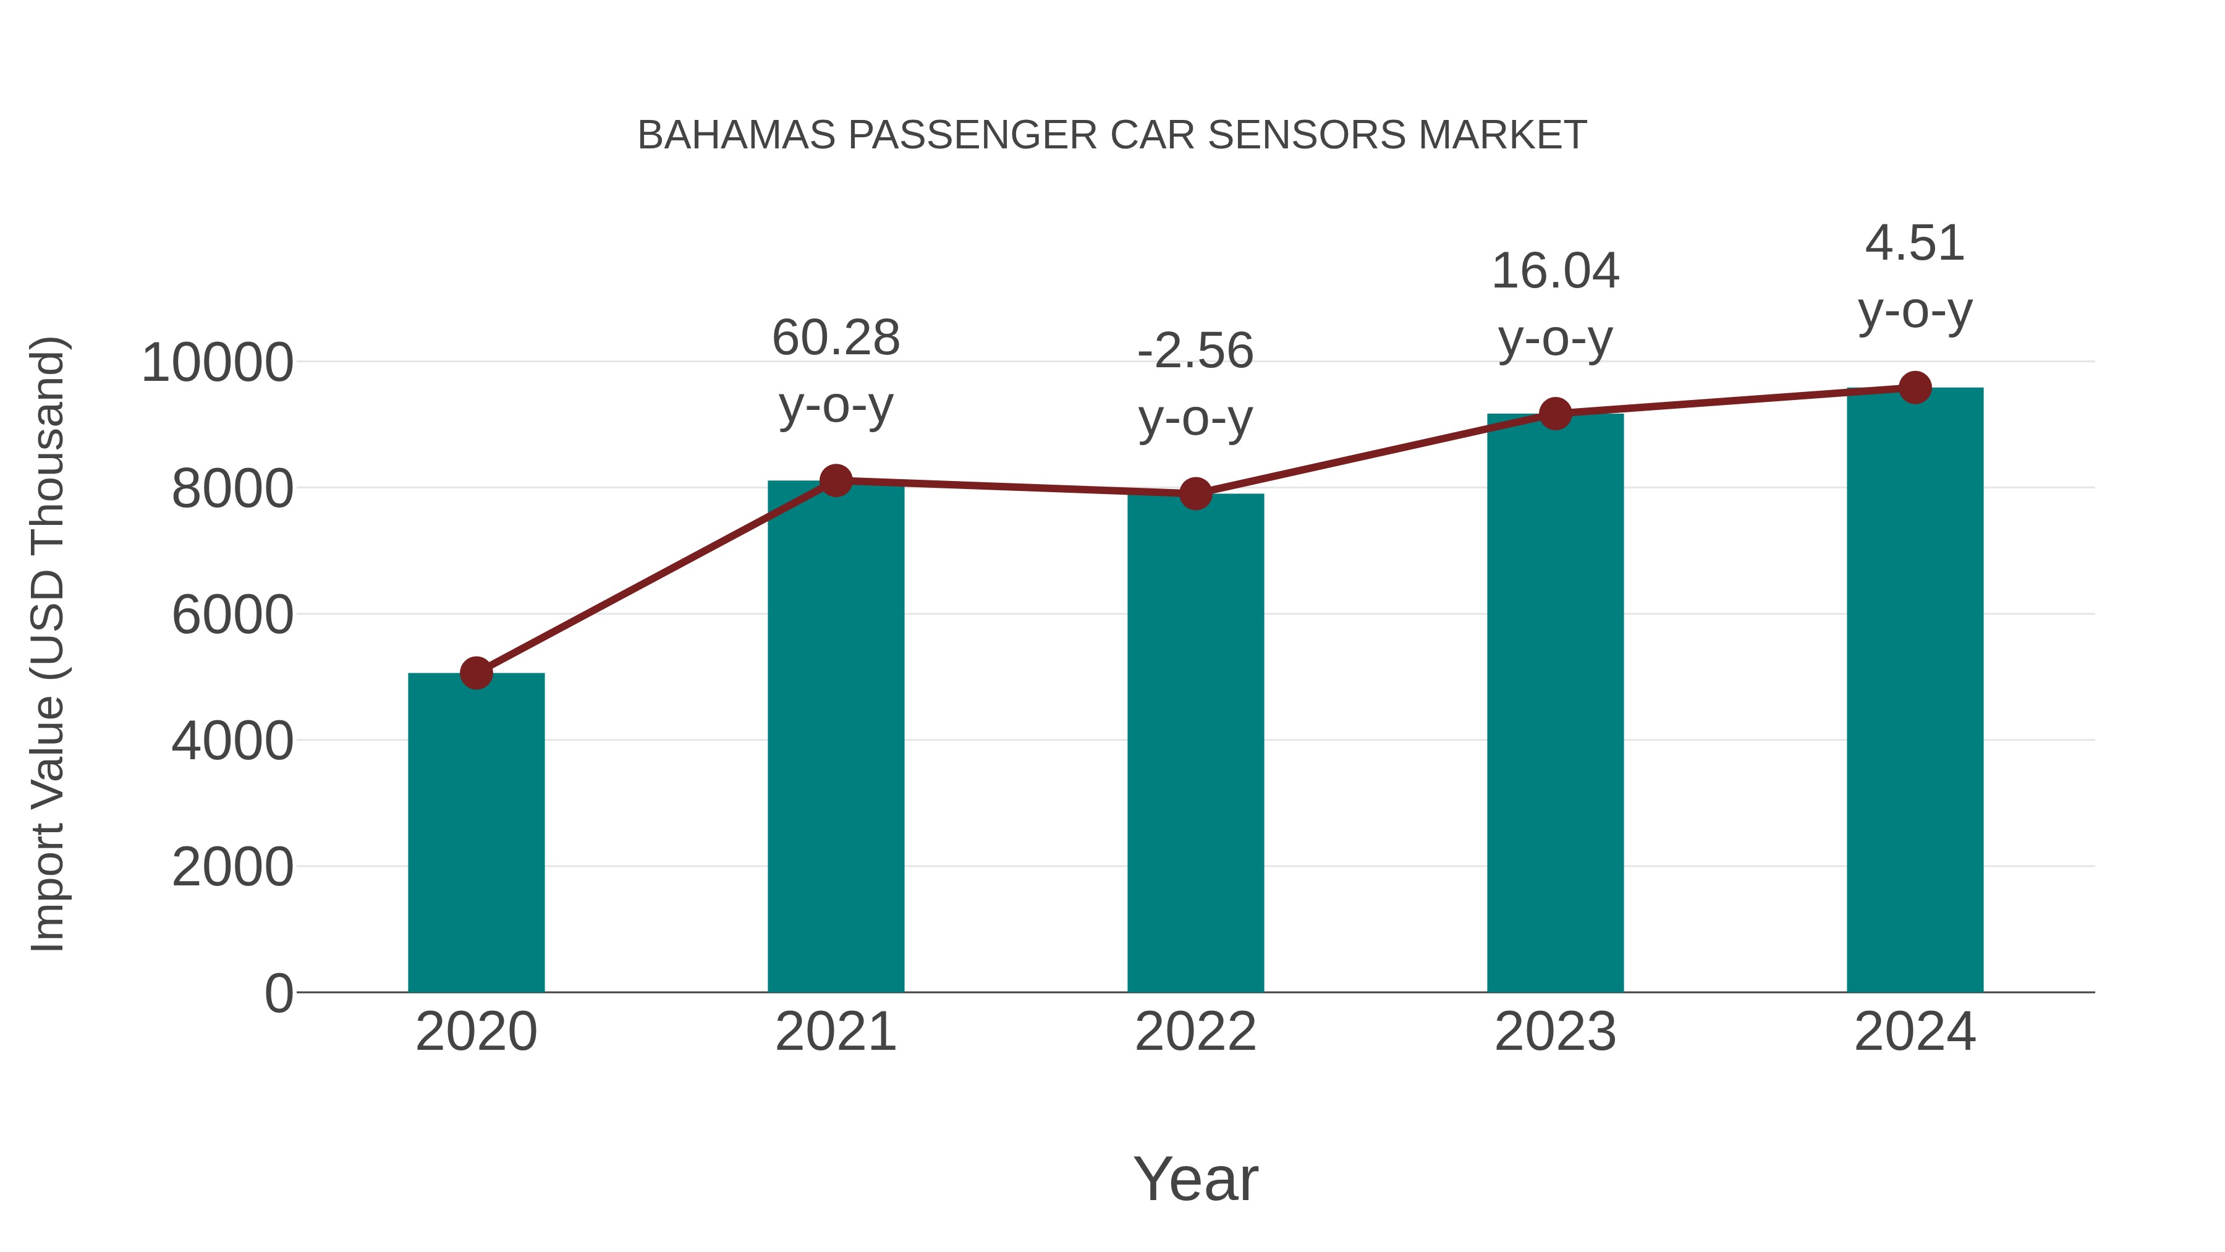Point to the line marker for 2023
tap(1555, 414)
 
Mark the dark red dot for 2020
tap(476, 672)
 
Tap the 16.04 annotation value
tap(1555, 271)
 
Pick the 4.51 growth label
tap(1915, 243)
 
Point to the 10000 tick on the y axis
tap(218, 363)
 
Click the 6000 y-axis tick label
tap(232, 615)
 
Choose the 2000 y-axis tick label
tap(232, 867)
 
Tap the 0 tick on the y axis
tap(278, 993)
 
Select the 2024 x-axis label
tap(1915, 1032)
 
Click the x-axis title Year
tap(1195, 1178)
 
